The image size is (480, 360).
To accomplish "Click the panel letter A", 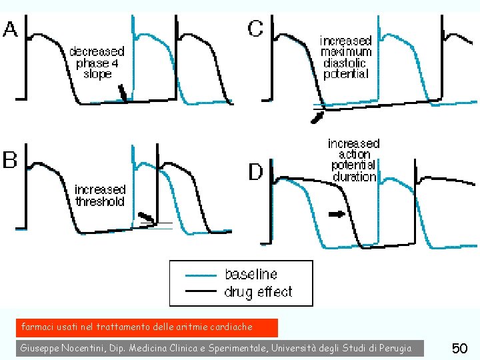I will click(x=11, y=29).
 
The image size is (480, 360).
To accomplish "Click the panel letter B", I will click(x=10, y=161).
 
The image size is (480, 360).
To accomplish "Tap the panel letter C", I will click(x=255, y=28).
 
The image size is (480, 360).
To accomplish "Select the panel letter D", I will click(x=256, y=172).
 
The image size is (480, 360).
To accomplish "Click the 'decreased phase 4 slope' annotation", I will click(x=97, y=63).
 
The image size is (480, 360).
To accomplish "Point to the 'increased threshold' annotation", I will click(x=100, y=195).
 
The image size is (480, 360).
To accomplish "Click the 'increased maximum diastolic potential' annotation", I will click(x=346, y=57).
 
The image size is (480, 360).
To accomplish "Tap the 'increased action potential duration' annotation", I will click(x=353, y=160).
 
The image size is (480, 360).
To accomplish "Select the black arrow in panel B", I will click(x=145, y=217).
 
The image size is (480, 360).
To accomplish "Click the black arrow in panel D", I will click(x=337, y=214).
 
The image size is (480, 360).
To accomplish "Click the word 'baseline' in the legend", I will click(x=251, y=274).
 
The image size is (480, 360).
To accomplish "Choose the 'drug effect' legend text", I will click(x=258, y=291).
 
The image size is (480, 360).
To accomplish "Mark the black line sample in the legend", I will click(x=199, y=291).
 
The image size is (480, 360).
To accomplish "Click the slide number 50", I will click(x=459, y=348).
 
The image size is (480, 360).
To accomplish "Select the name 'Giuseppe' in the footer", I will click(x=41, y=348).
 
